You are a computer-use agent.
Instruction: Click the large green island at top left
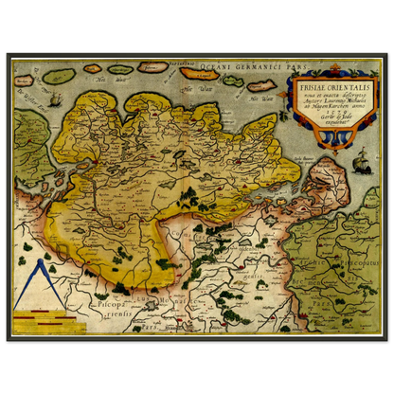click(59, 76)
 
